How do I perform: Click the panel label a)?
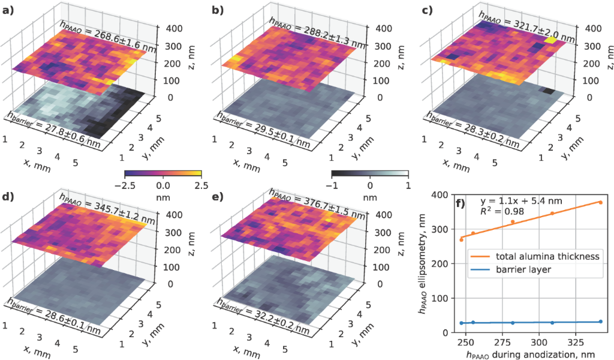tap(9, 10)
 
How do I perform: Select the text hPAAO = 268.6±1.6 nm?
tap(108, 38)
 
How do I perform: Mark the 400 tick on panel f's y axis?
tap(440, 195)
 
